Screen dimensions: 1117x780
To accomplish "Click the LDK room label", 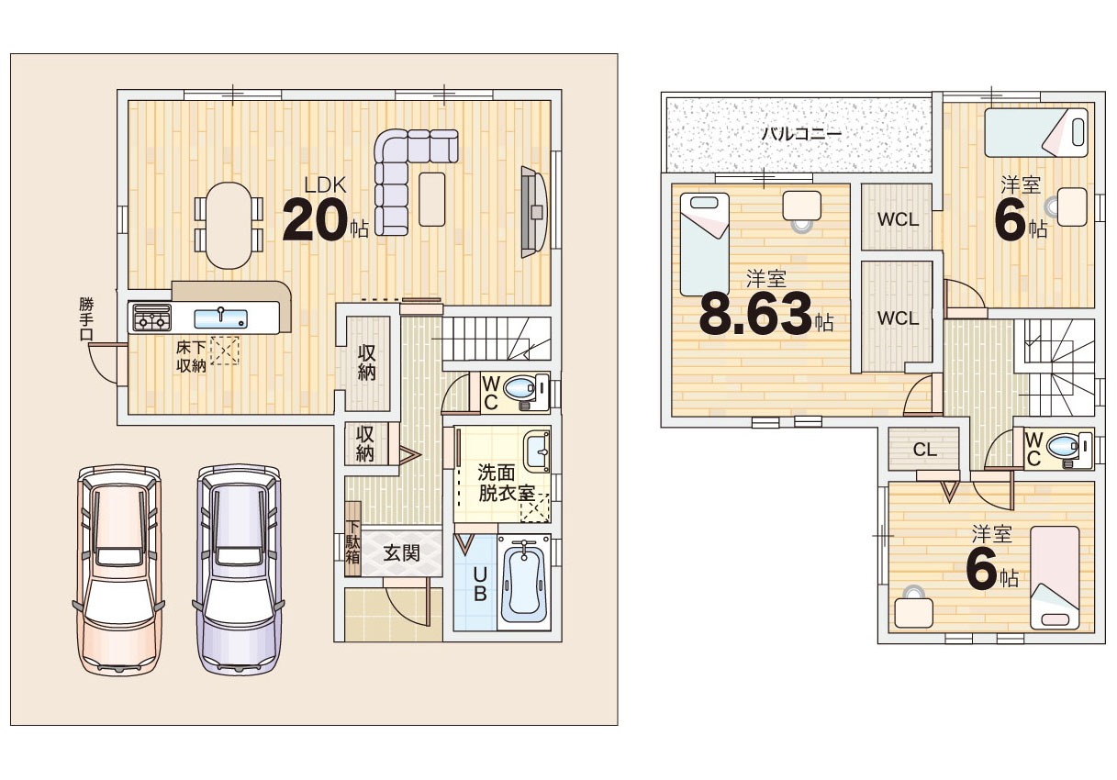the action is point(325,185).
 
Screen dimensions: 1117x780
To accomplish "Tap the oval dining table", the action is point(229,225).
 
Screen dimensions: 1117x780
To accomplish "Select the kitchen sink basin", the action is point(220,318).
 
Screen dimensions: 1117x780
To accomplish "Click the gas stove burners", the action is point(151,318).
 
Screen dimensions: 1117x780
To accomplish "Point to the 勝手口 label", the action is point(86,318).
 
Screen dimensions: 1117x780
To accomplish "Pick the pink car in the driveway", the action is point(119,570).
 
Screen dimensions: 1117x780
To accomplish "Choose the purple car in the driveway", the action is point(239,570).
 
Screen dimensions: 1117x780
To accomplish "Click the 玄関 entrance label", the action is point(401,552).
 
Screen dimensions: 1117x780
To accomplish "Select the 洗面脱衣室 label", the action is point(506,483).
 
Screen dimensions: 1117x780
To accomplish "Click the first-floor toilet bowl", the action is point(519,387).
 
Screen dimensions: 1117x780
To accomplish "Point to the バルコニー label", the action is point(801,133).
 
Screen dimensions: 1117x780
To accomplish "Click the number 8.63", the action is point(756,315).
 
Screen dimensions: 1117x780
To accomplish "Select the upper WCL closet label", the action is point(898,219).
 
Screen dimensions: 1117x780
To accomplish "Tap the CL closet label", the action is point(925,450).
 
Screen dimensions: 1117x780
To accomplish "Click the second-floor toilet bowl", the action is point(1062,446).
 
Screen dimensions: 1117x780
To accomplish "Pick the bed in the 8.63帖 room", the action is point(705,244).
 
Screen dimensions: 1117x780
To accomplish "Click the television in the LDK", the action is point(533,212).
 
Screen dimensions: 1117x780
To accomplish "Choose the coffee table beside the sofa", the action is point(432,199).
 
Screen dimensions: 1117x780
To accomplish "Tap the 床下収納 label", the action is point(191,356).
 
